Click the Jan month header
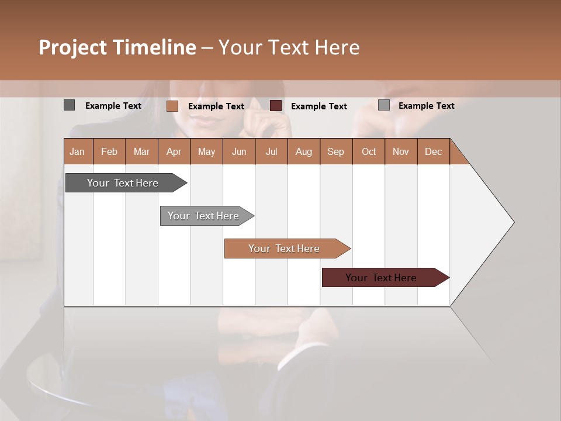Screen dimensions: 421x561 [78, 151]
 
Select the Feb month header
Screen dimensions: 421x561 [109, 151]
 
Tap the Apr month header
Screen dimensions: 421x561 [174, 151]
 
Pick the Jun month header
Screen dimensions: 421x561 [239, 151]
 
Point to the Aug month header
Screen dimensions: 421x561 [304, 151]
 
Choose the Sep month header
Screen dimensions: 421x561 [336, 151]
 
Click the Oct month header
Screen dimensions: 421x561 [369, 151]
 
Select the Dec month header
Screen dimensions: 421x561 [434, 151]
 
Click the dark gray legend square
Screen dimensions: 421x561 [69, 105]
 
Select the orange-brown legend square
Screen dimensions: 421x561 [172, 106]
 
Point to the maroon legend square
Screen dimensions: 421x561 [276, 106]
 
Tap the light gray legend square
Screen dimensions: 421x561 [383, 105]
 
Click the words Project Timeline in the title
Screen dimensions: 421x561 [117, 47]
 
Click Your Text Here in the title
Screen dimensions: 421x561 [289, 47]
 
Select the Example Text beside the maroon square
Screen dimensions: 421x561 [319, 106]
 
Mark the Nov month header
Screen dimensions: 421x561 [401, 151]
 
